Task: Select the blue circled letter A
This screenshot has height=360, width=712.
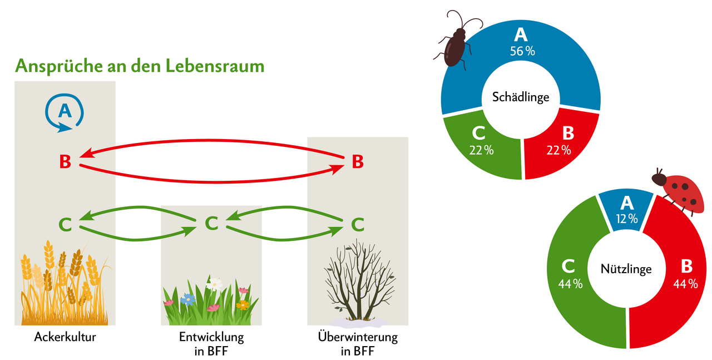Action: [x=65, y=111]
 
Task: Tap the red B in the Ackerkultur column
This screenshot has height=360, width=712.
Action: [x=65, y=162]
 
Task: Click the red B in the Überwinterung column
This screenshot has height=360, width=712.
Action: [x=358, y=162]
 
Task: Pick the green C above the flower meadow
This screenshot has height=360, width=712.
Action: [x=211, y=223]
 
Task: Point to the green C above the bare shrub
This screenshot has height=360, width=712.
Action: [x=358, y=224]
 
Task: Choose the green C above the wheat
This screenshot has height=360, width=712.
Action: [x=65, y=224]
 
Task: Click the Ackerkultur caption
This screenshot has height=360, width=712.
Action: [x=65, y=337]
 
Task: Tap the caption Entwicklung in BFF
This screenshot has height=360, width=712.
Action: [x=211, y=344]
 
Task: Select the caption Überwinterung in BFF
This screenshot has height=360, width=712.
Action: [x=358, y=344]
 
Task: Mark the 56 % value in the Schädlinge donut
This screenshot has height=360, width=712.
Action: [x=521, y=51]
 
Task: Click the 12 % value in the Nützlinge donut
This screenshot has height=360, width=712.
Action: [x=626, y=219]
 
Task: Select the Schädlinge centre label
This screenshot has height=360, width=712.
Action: [x=521, y=97]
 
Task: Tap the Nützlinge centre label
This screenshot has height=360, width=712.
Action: [x=626, y=269]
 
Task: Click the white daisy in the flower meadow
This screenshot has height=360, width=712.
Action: [x=215, y=283]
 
